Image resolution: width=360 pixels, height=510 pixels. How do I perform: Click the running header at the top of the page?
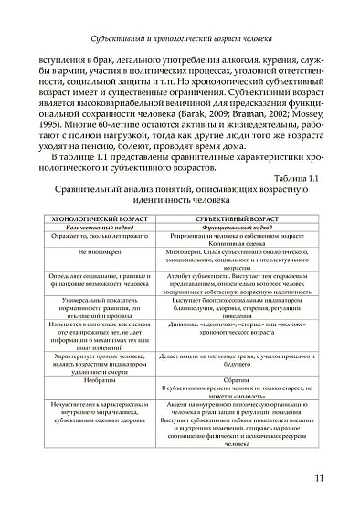(x=180, y=40)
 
